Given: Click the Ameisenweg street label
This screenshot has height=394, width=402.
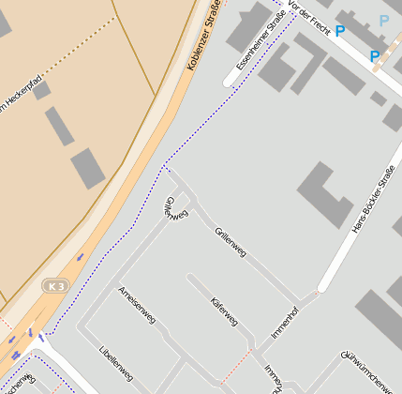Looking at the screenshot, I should pos(137,305).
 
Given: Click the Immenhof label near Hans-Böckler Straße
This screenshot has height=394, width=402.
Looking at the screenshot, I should pos(284,322).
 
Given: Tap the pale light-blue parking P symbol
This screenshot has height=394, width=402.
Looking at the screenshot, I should pos(384,21).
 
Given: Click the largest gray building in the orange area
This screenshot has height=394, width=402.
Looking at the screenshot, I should pos(88,168).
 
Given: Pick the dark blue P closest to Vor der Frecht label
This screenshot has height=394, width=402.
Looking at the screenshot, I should pos(341,33).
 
